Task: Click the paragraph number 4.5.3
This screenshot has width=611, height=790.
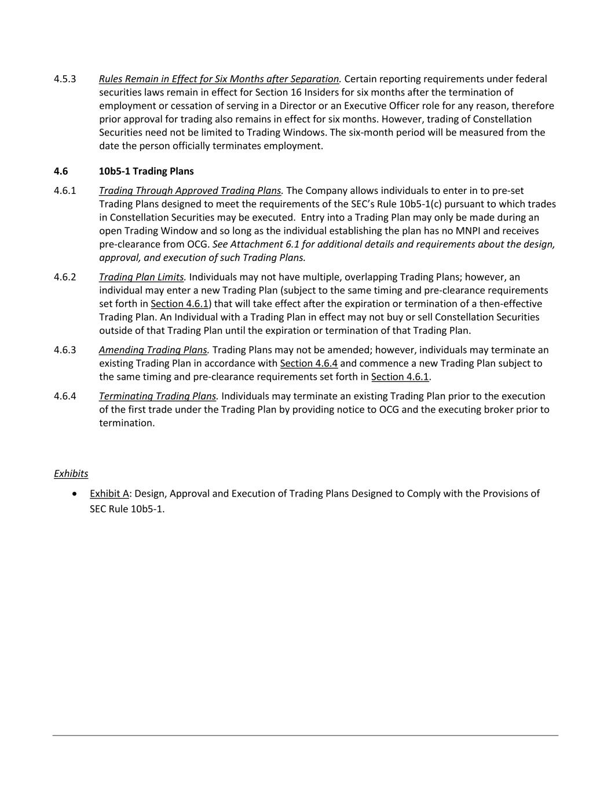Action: point(65,79)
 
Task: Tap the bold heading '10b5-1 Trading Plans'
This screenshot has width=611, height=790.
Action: point(146,171)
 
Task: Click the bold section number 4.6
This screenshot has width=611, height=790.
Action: point(61,171)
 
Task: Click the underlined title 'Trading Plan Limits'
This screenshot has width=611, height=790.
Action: point(142,277)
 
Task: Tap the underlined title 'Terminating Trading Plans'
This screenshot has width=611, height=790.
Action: point(158,396)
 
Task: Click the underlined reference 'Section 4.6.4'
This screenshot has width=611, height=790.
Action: point(309,363)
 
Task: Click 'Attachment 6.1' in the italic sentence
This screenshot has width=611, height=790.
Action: point(264,244)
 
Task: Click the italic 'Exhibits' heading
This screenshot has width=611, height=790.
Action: point(71,473)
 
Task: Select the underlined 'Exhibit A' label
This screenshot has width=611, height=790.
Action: point(109,494)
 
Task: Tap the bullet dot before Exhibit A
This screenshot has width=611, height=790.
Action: point(75,494)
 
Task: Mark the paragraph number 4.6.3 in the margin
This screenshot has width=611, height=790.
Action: point(65,350)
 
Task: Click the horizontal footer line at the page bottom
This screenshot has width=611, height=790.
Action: point(305,736)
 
